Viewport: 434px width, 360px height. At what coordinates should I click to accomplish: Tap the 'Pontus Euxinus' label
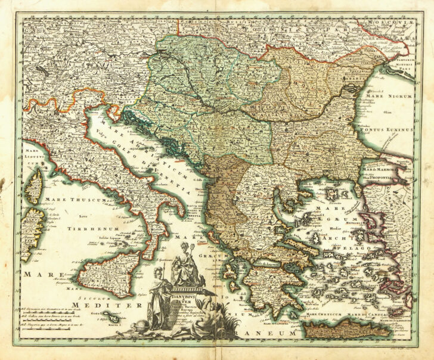388,129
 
